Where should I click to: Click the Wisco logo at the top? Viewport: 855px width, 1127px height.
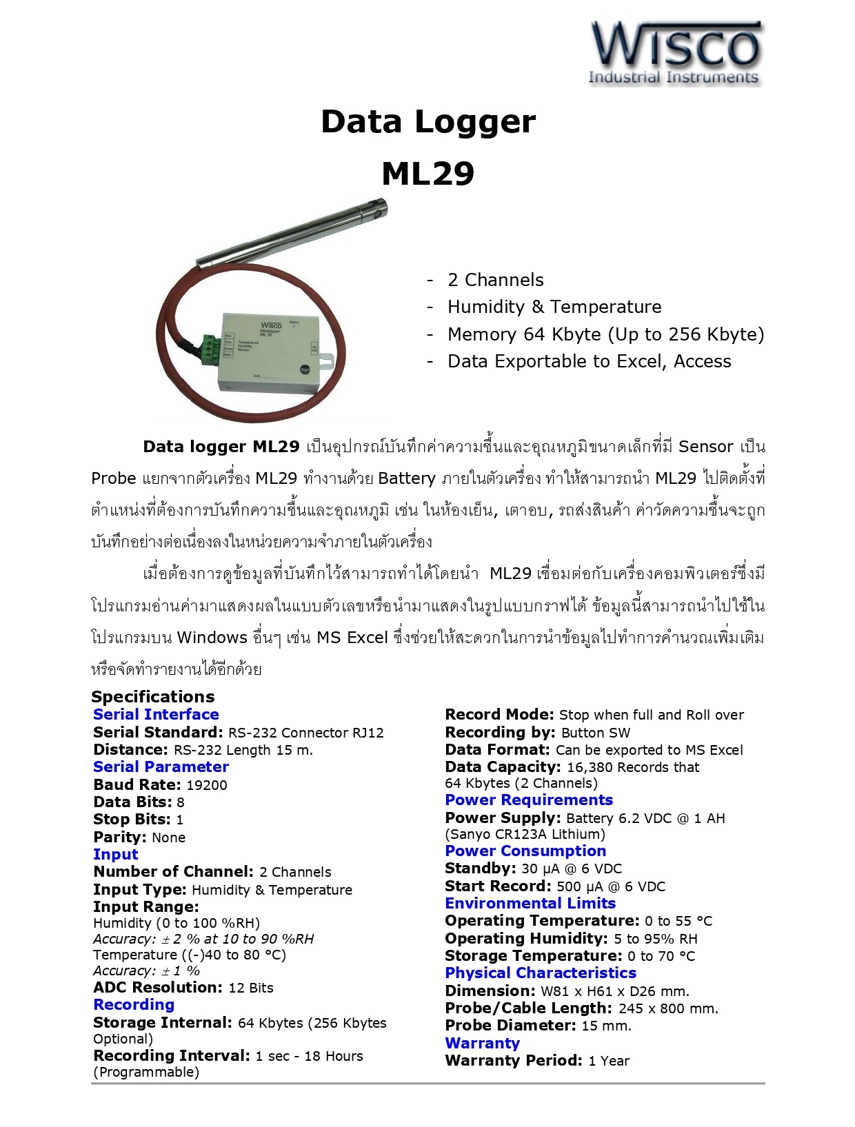tap(675, 53)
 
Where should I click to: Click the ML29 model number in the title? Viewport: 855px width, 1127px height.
tap(428, 174)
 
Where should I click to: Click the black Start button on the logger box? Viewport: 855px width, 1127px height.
tap(305, 369)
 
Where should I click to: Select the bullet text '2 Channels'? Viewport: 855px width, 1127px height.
tap(495, 280)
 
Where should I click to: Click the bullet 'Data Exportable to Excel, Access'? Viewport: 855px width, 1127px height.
tap(589, 361)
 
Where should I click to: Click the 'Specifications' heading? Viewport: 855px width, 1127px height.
tap(152, 696)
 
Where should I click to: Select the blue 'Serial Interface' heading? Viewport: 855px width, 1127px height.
tap(156, 715)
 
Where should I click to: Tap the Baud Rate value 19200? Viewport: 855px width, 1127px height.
tap(207, 785)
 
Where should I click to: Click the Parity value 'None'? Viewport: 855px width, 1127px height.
tap(168, 837)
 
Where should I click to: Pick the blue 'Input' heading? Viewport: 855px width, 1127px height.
tap(115, 855)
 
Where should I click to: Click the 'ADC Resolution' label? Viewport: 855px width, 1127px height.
tap(158, 988)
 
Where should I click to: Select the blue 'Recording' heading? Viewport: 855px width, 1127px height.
tap(134, 1005)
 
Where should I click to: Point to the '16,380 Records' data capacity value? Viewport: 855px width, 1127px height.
tap(621, 768)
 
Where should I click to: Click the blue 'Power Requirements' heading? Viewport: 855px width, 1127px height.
tap(529, 800)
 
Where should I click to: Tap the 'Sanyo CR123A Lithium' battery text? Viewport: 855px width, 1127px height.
tap(525, 834)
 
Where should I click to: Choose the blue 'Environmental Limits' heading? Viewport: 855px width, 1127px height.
tap(530, 904)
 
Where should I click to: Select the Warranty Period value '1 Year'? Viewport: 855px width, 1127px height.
tap(609, 1061)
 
